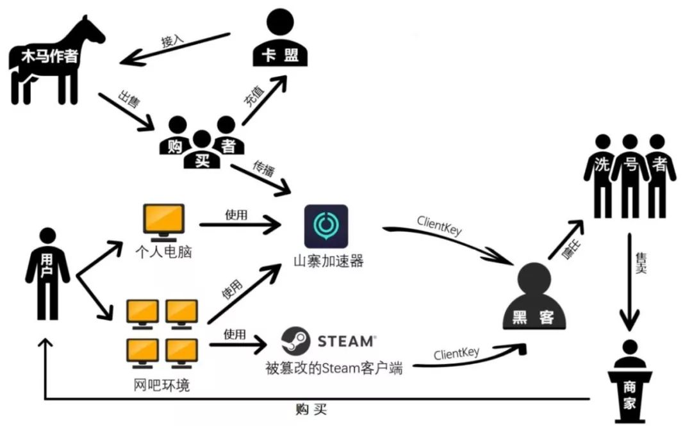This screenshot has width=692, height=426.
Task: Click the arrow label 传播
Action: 247,173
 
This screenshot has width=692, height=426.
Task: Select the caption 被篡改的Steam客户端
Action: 334,368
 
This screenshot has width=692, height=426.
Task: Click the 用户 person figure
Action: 48,272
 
